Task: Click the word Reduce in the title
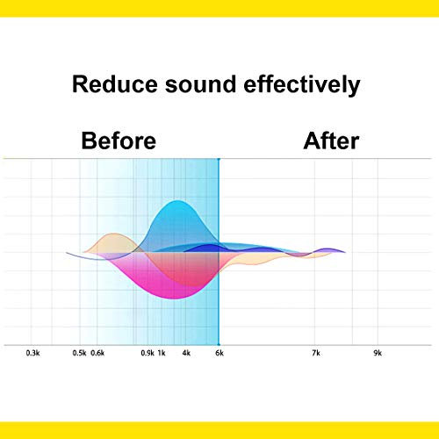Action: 115,84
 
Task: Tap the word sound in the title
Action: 200,84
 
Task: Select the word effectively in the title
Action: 302,85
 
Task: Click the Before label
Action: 119,140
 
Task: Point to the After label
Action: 331,140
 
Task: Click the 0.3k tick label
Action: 32,353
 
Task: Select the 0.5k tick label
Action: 79,353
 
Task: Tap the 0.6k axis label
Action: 97,353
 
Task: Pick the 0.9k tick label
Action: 148,353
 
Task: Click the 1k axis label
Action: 162,353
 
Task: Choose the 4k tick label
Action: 186,353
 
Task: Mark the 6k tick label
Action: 219,353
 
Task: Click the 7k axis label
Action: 316,353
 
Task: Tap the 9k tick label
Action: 378,353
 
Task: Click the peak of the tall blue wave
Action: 176,201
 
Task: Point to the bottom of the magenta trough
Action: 174,299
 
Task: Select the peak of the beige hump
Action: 113,234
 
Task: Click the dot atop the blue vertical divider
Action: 219,159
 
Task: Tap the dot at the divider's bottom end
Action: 219,345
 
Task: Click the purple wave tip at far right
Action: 345,252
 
